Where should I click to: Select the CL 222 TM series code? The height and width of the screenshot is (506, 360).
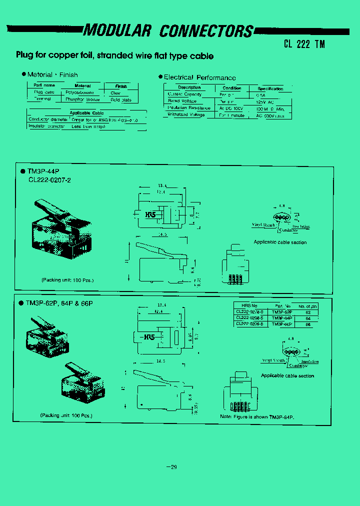pos(304,43)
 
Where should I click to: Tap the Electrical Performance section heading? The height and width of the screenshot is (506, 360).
pos(199,77)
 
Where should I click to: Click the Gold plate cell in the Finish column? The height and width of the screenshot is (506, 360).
pos(121,99)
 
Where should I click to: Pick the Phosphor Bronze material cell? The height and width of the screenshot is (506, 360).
pos(82,99)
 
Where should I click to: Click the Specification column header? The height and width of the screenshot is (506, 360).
pos(270,88)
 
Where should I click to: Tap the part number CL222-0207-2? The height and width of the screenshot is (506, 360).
pos(49,180)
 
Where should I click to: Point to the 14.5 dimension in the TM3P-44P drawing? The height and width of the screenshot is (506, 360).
pos(161,234)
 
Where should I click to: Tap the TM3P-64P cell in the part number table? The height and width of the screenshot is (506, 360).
pos(283,318)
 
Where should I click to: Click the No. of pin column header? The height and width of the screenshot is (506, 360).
pos(307,306)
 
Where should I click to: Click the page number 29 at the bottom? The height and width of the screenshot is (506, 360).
pos(171,467)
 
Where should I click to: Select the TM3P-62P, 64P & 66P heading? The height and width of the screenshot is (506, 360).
pos(59,303)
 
